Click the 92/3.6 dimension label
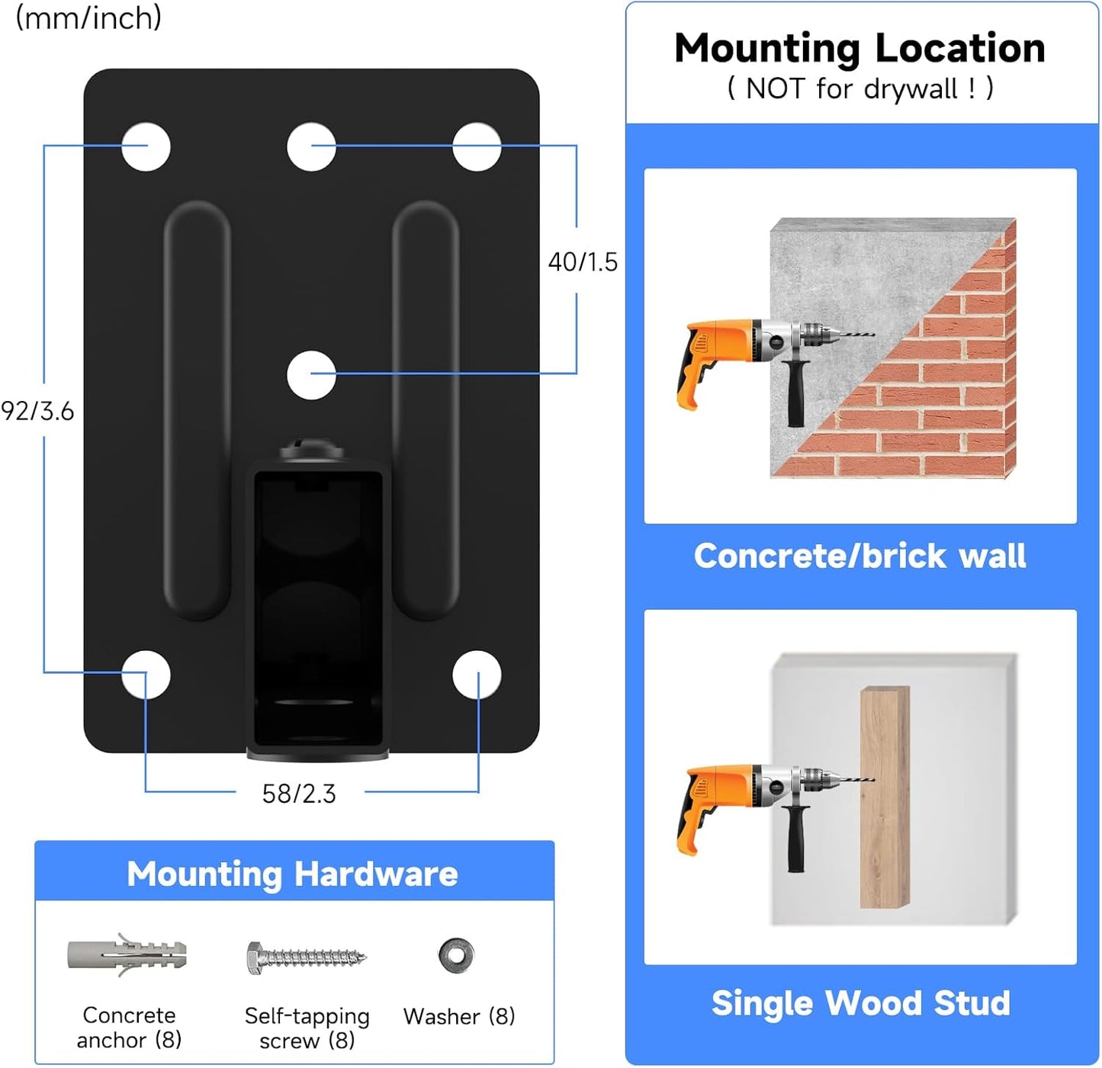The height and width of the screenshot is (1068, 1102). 37,411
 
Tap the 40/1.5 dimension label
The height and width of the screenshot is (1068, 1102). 583,261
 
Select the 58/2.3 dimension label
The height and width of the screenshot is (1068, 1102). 299,794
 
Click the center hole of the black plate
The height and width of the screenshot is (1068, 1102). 311,374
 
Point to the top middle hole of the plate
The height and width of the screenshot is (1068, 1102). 311,146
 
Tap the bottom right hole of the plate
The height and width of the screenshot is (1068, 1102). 477,675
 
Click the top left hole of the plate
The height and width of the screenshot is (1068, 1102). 146,146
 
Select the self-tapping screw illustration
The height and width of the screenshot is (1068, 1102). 306,957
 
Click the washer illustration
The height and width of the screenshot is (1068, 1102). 456,954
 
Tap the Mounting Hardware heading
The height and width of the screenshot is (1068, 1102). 293,874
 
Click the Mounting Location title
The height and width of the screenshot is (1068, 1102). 859,48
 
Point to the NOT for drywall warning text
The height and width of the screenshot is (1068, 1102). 859,88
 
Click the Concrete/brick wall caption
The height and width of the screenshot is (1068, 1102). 859,556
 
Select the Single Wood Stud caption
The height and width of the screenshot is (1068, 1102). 860,1003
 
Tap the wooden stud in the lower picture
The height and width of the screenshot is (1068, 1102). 885,797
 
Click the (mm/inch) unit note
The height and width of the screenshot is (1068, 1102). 88,18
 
